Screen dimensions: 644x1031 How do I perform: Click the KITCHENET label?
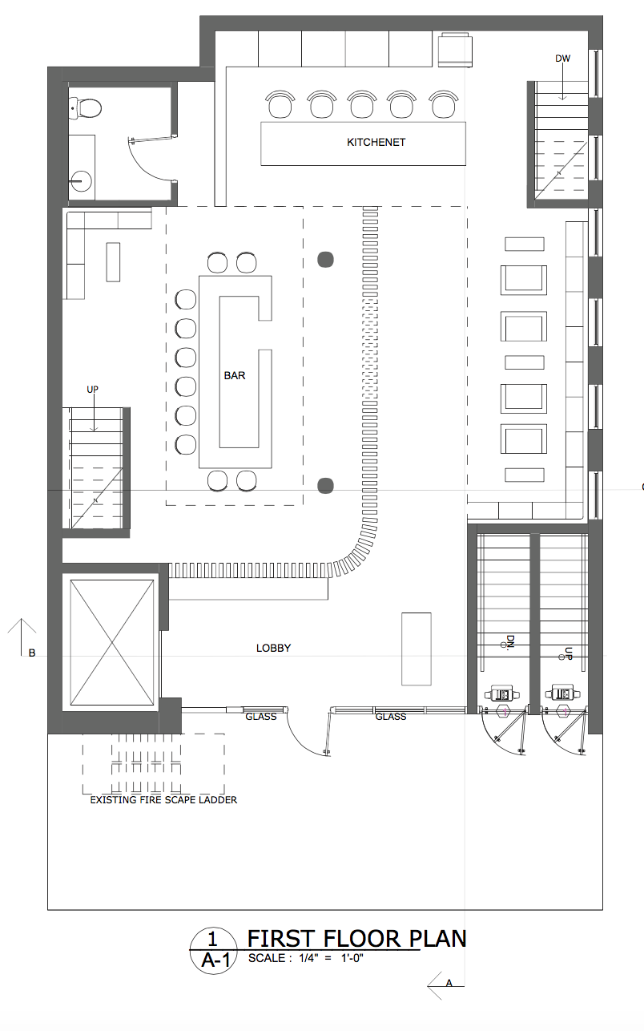[376, 142]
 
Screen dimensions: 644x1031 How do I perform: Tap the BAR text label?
[235, 375]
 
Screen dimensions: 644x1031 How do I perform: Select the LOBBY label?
[274, 648]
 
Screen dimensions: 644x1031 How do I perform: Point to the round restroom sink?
[81, 181]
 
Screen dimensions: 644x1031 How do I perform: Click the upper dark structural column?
[326, 260]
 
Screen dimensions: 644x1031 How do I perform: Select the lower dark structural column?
[326, 486]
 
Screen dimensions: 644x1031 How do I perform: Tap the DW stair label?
[562, 59]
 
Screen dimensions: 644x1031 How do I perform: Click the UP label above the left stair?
[92, 390]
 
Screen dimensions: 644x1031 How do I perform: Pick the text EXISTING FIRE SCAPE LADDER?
[163, 800]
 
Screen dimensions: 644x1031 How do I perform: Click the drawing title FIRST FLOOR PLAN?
[357, 939]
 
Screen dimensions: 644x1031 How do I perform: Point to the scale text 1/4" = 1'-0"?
[331, 958]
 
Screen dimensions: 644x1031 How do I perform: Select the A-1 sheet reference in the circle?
[215, 960]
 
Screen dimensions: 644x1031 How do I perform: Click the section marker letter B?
[32, 653]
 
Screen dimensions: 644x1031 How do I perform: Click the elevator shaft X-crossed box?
[112, 642]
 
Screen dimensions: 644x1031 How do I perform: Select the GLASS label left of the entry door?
[261, 717]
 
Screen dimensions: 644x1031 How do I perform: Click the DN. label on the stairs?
[509, 641]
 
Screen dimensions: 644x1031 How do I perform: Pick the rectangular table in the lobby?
[417, 649]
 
